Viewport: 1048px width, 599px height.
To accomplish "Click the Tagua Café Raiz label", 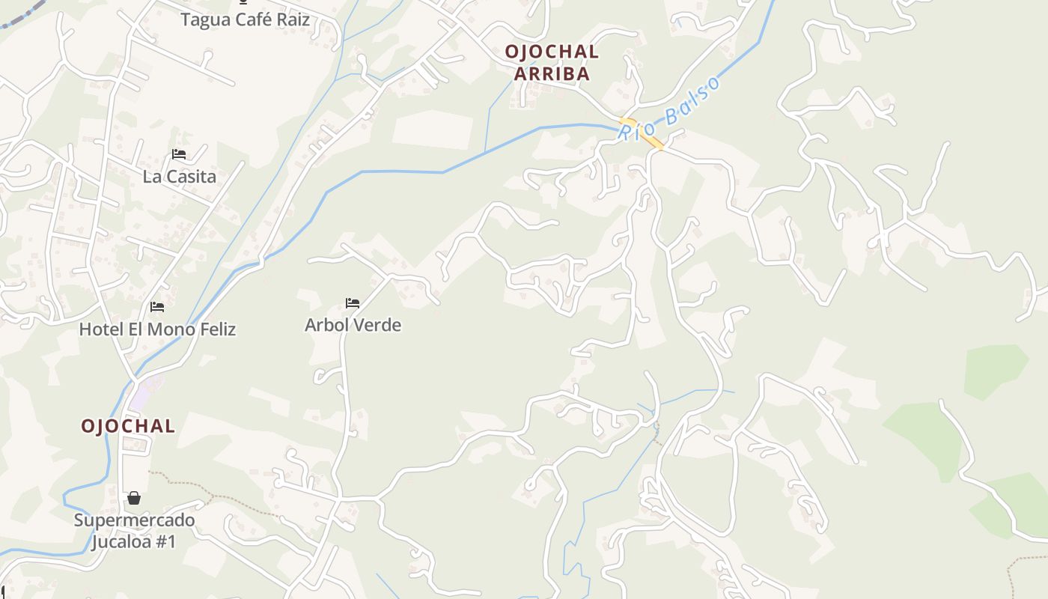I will tap(245, 19).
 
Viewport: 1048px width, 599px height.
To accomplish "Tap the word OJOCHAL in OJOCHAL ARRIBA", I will tap(552, 52).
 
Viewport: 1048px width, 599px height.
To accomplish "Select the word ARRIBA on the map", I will tap(552, 74).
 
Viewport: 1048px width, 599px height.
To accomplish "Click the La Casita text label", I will tap(179, 177).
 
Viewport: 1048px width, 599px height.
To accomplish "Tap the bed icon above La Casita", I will tap(179, 154).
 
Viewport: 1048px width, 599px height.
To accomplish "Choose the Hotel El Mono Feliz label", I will tap(157, 329).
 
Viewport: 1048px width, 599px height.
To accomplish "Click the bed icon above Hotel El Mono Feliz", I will tap(157, 307).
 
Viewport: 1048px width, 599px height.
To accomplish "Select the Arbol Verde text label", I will tap(353, 325).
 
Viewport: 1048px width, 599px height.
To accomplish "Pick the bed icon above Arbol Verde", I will tap(353, 303).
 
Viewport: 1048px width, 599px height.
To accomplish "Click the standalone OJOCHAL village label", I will tap(128, 426).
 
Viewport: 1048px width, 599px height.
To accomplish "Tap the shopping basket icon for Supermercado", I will tap(134, 498).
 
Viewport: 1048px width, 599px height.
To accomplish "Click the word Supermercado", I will tap(134, 520).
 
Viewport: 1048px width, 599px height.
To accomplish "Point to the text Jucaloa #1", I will tap(134, 541).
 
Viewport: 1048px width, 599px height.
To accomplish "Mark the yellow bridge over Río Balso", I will tap(642, 133).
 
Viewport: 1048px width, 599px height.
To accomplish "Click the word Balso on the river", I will tap(693, 97).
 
